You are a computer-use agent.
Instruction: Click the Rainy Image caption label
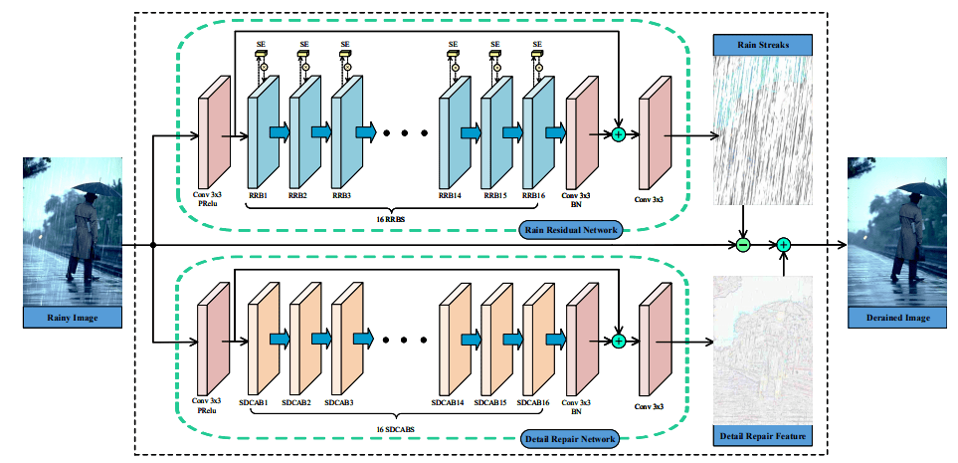click(x=73, y=318)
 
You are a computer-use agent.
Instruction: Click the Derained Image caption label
click(x=897, y=318)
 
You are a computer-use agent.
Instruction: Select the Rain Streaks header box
click(x=762, y=45)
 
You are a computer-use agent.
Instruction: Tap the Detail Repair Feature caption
click(x=762, y=437)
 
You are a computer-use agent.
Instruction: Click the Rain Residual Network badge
click(x=569, y=230)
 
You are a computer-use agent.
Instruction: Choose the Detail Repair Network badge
click(x=569, y=438)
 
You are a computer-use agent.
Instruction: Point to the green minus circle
click(x=742, y=245)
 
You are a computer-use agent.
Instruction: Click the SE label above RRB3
click(x=346, y=44)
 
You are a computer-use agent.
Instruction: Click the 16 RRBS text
click(x=390, y=218)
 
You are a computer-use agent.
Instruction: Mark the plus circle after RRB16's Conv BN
click(x=619, y=134)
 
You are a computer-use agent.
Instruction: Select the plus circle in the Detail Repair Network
click(x=619, y=341)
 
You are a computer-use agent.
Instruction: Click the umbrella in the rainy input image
click(x=92, y=185)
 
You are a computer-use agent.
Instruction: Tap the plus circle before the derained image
click(x=783, y=245)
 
